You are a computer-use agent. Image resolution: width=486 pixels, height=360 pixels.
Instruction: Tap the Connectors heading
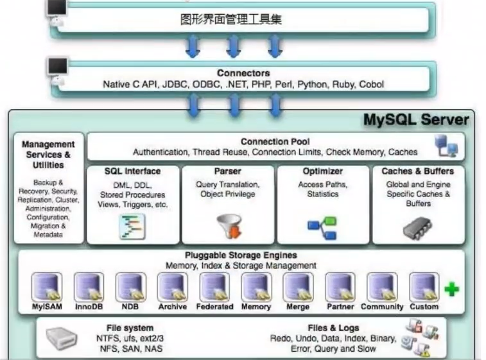tap(243, 73)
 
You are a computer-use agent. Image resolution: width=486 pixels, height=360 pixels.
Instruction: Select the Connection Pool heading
tap(275, 141)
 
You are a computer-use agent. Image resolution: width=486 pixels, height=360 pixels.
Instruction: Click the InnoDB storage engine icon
tap(89, 287)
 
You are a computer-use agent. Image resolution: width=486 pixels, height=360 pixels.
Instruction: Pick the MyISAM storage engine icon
tap(47, 287)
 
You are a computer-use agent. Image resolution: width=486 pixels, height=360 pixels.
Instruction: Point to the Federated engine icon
tap(214, 287)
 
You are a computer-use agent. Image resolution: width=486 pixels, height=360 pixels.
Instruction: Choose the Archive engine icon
tap(172, 287)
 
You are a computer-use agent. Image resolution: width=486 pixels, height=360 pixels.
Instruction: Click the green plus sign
tap(452, 289)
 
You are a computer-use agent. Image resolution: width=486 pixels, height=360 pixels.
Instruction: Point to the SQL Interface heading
tap(132, 171)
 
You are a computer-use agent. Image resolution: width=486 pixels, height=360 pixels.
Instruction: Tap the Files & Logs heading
tap(333, 328)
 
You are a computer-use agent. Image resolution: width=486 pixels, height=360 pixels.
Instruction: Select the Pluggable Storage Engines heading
tap(241, 255)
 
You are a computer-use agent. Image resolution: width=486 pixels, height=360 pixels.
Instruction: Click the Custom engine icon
tap(424, 287)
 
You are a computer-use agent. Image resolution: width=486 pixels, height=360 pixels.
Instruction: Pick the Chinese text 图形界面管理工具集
tap(231, 19)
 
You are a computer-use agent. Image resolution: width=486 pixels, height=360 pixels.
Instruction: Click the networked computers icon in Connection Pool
tap(446, 146)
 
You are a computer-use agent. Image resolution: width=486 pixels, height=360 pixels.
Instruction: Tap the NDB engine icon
tap(130, 287)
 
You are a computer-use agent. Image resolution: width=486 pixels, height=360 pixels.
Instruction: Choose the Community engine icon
tap(381, 287)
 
